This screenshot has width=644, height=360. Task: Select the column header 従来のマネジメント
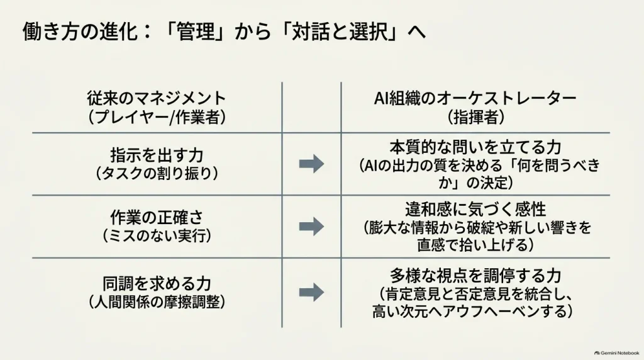click(157, 99)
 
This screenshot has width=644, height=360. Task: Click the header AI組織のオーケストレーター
click(475, 99)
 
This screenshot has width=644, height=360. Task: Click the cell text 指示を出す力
click(157, 155)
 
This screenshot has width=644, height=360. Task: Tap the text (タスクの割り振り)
click(157, 174)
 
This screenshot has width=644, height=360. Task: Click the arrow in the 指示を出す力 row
click(312, 164)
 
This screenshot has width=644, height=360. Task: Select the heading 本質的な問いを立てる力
click(475, 147)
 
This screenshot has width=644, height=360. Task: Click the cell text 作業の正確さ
click(157, 217)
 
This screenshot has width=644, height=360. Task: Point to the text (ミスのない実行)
click(157, 235)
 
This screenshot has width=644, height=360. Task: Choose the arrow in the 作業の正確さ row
click(312, 227)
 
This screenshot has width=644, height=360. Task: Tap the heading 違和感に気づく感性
click(475, 210)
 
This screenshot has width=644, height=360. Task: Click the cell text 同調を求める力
click(157, 284)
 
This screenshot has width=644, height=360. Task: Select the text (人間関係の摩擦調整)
click(157, 302)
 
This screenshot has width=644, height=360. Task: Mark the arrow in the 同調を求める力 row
click(312, 292)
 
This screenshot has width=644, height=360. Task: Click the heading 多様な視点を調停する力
click(475, 275)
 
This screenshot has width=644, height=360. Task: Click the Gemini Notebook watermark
click(617, 352)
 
